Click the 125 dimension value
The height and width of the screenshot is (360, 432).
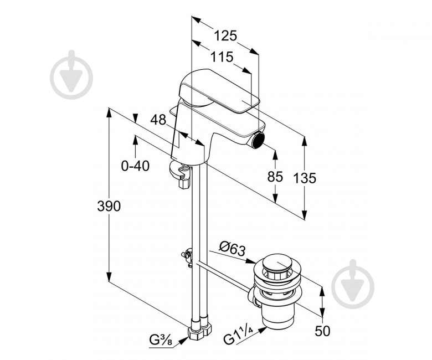pos(225,36)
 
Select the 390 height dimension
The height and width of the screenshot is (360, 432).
pos(109,207)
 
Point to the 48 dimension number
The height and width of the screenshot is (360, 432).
pos(158,120)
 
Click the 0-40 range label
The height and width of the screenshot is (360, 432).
pos(135,166)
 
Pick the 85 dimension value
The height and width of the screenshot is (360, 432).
pos(275,177)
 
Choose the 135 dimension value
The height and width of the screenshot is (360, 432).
pos(305,178)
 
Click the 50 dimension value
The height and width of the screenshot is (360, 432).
pos(322,331)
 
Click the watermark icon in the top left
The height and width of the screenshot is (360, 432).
pos(71,75)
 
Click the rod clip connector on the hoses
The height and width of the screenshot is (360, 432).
pos(187,257)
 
